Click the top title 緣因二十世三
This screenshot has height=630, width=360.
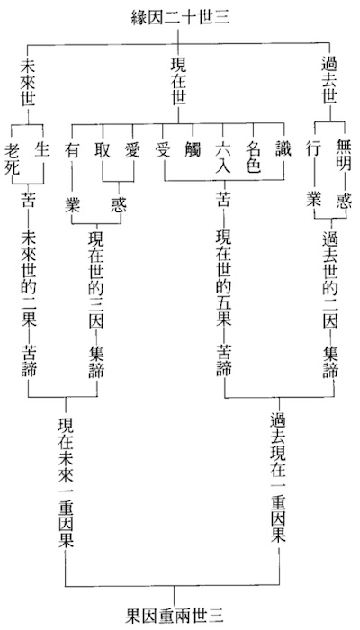180,18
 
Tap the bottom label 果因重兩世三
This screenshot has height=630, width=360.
174,615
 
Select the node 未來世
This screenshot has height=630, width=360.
28,83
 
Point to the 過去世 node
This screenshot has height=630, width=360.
329,83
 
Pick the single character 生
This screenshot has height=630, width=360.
42,149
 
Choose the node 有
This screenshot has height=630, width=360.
72,149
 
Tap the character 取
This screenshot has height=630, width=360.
102,149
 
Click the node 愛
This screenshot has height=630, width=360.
132,149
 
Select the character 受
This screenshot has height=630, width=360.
163,149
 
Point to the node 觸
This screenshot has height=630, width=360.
193,149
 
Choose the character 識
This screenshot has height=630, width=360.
283,149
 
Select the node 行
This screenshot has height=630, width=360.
314,149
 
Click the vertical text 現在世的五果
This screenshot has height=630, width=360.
224,280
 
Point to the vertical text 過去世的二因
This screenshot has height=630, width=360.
331,280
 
